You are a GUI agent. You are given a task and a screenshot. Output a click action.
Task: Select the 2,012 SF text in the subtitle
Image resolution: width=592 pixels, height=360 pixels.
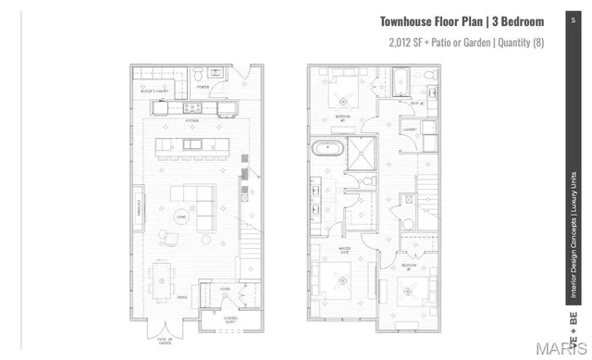tap(404, 43)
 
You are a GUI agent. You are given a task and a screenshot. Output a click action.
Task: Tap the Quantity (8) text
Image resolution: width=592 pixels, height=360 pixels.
tap(518, 43)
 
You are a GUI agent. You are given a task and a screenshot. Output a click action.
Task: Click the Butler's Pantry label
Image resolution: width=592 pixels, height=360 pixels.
tap(152, 92)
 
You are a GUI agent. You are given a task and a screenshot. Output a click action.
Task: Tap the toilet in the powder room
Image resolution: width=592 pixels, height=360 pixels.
tap(201, 74)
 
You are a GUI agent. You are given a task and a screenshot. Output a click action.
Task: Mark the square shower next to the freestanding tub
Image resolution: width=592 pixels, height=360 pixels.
tap(359, 151)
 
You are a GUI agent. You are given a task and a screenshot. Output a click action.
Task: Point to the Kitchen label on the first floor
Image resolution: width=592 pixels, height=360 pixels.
tap(192, 120)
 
